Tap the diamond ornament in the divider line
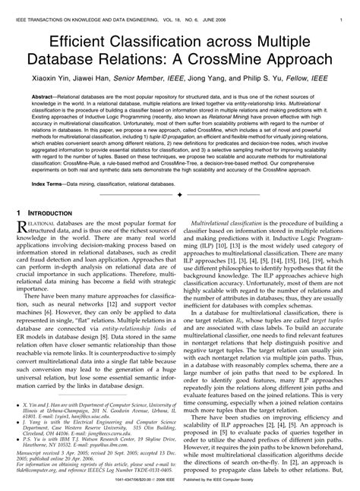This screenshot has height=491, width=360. point(179,195)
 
